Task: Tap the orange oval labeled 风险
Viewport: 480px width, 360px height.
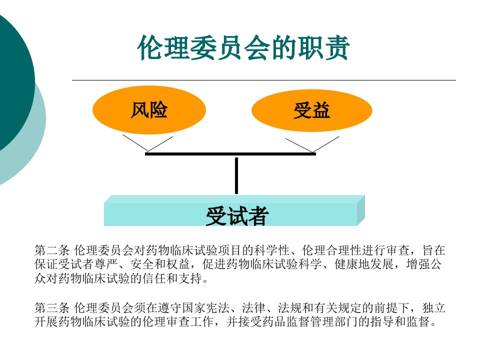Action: [149, 110]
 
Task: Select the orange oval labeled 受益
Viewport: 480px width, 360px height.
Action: [311, 110]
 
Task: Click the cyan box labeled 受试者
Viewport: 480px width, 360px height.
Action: [234, 210]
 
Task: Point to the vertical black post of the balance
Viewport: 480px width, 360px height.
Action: [236, 175]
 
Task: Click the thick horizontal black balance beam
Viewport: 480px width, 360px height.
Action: [230, 154]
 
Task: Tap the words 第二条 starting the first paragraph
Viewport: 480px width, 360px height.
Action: [52, 250]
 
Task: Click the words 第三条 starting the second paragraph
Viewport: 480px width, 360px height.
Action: [52, 307]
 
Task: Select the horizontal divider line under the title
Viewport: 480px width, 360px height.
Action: [264, 80]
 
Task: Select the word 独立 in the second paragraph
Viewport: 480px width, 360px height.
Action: [433, 307]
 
